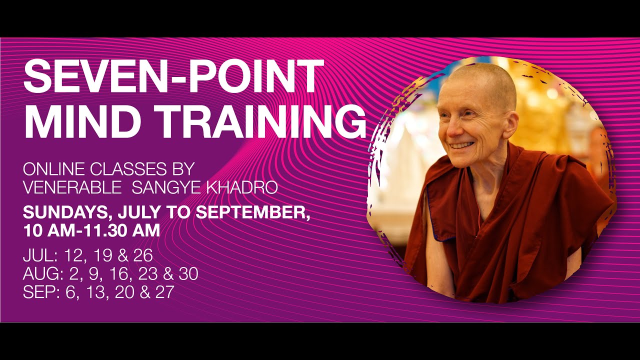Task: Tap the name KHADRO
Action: point(245,187)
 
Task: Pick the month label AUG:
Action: point(40,274)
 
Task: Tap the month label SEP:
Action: point(38,292)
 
